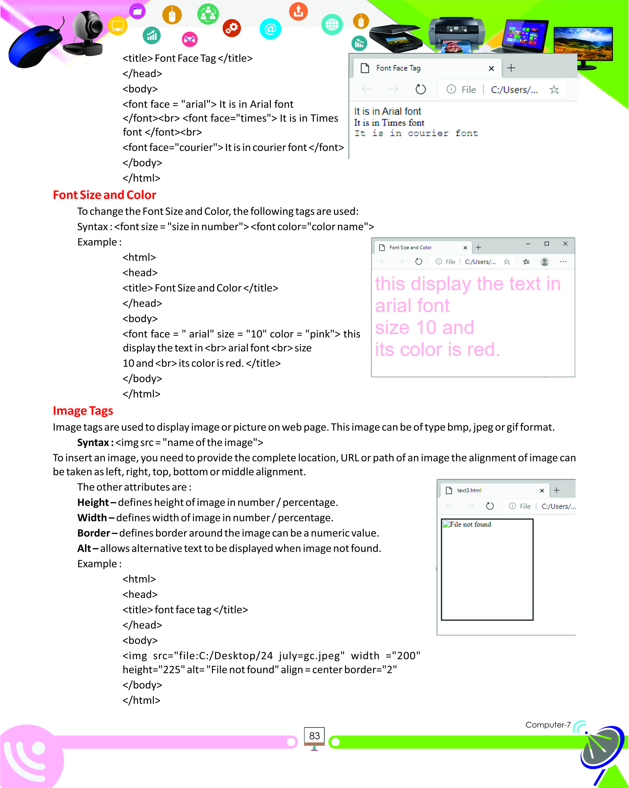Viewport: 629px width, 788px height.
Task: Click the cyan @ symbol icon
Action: pyautogui.click(x=270, y=29)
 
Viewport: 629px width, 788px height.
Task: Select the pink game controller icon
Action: pyautogui.click(x=189, y=39)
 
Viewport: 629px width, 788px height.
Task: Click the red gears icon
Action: pyautogui.click(x=232, y=28)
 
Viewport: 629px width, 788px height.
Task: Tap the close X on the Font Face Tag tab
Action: pyautogui.click(x=491, y=68)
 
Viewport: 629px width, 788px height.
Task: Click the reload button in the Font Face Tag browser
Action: pyautogui.click(x=421, y=89)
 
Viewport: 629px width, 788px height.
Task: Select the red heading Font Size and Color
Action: pyautogui.click(x=105, y=195)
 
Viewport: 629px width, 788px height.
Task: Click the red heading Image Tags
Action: pyautogui.click(x=83, y=411)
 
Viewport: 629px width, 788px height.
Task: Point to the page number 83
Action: pyautogui.click(x=314, y=736)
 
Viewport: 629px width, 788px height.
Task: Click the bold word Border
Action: pyautogui.click(x=93, y=533)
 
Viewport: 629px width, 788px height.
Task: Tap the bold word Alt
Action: pyautogui.click(x=84, y=549)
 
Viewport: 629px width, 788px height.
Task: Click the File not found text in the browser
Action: pyautogui.click(x=470, y=524)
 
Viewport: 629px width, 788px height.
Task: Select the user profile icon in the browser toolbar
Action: pyautogui.click(x=544, y=262)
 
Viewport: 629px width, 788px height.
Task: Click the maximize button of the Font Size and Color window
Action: pyautogui.click(x=546, y=244)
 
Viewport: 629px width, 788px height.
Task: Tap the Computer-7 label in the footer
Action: pyautogui.click(x=548, y=725)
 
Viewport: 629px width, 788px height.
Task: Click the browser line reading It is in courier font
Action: pyautogui.click(x=416, y=133)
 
